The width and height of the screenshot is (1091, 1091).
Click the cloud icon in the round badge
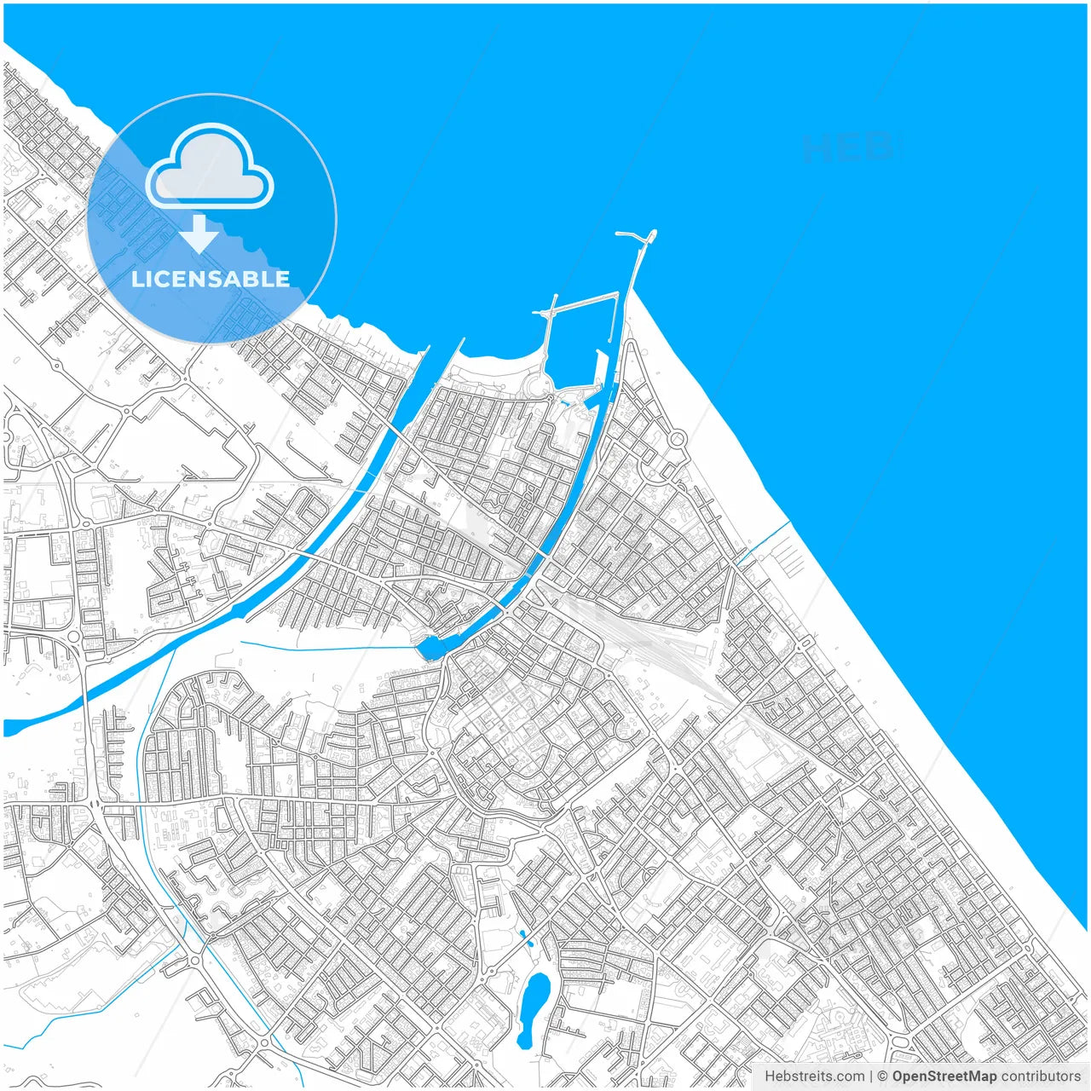tap(210, 168)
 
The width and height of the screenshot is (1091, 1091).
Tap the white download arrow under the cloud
tap(199, 234)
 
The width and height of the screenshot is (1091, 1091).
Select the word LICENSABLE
tap(211, 279)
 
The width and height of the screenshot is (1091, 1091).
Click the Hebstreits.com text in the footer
tap(814, 1076)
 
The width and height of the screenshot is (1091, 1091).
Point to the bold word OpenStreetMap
tap(944, 1076)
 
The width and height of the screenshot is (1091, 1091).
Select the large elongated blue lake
tap(534, 1010)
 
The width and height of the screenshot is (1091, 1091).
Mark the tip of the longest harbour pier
tap(653, 232)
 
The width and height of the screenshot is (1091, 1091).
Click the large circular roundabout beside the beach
tap(678, 440)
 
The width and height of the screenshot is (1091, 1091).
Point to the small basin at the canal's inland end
tap(431, 649)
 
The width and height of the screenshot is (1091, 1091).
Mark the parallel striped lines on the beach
tap(789, 558)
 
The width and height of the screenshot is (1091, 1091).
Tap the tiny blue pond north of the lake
tap(524, 939)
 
